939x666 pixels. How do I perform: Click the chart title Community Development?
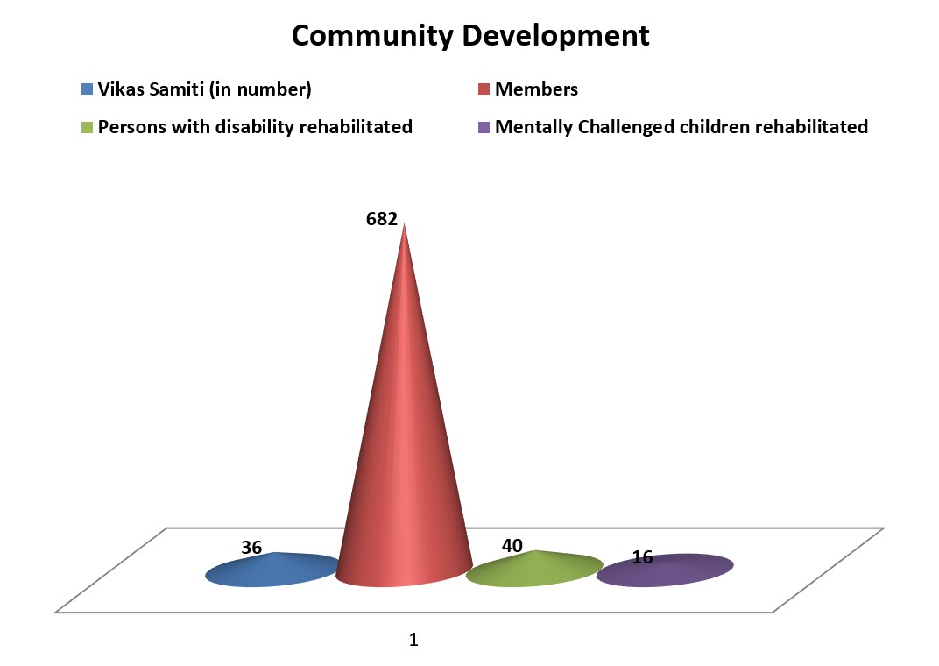tap(470, 36)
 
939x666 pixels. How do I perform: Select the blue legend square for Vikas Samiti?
tap(87, 89)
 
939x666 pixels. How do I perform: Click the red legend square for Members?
tap(484, 89)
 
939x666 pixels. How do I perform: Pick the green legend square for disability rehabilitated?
tap(87, 127)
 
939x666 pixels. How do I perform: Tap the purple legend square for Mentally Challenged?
tap(484, 127)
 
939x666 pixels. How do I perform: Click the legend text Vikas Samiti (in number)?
tap(204, 89)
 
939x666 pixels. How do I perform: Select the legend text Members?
tap(536, 89)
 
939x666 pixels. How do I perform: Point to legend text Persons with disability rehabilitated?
tap(255, 127)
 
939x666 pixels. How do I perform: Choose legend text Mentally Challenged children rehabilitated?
tap(681, 127)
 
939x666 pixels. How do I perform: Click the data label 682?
tap(382, 219)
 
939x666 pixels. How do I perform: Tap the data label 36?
tap(251, 548)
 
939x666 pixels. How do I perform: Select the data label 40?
tap(512, 546)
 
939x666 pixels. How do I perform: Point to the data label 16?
tap(642, 556)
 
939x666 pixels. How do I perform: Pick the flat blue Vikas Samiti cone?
tap(272, 570)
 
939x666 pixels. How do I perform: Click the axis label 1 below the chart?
tap(414, 640)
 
